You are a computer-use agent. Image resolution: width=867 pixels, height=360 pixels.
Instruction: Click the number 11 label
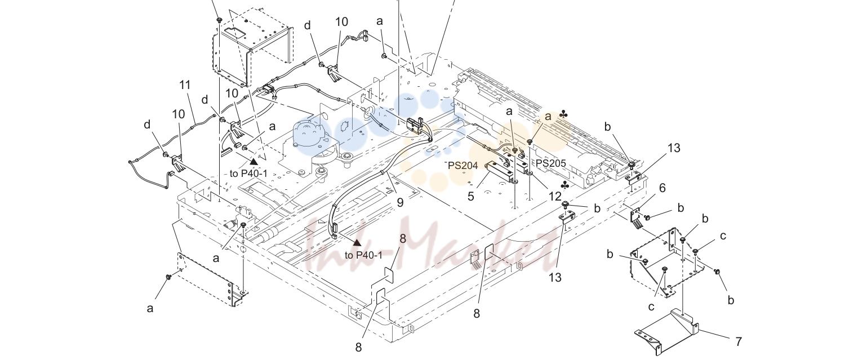pos(185,85)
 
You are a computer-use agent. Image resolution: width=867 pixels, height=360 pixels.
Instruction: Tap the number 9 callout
pos(400,202)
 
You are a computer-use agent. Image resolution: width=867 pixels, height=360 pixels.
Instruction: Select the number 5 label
pos(470,196)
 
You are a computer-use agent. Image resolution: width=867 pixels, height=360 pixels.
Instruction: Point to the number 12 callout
pos(555,196)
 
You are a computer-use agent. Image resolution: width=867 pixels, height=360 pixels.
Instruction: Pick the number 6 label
pos(663,188)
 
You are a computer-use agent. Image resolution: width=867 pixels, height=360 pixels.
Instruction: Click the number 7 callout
pos(739,342)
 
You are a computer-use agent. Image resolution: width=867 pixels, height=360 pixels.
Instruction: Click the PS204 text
pos(463,166)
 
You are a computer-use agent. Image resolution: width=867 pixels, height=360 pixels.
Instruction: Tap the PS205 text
pos(551,163)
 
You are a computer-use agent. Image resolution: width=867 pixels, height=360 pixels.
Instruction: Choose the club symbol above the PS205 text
pos(563,114)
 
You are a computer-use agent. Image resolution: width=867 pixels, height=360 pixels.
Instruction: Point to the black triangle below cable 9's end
pos(357,243)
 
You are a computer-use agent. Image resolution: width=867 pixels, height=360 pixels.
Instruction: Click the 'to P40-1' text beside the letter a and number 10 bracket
pos(248,174)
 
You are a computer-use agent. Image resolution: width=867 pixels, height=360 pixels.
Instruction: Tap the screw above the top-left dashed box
pos(219,19)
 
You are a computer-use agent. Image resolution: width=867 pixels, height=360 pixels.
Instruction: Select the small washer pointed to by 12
pos(529,172)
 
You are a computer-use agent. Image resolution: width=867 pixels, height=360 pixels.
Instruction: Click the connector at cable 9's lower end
pos(334,230)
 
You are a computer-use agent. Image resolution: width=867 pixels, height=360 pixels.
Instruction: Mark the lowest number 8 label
pos(358,347)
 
